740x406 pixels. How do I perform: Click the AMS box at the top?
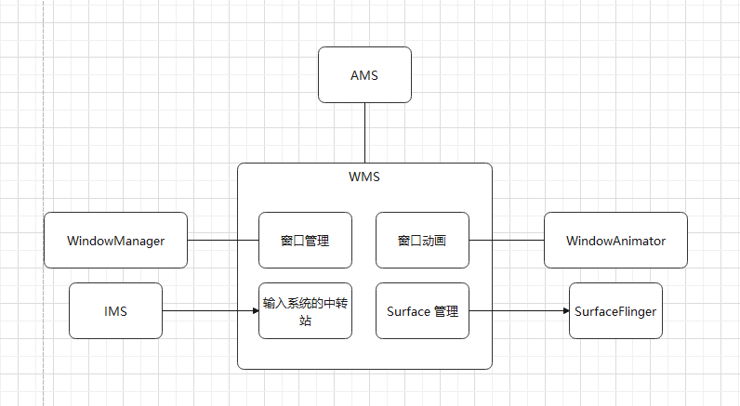[x=364, y=75]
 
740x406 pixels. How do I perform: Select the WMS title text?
[x=364, y=176]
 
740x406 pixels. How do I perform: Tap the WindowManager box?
[x=115, y=241]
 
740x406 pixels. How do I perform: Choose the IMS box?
[x=115, y=311]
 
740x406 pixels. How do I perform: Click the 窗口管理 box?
[x=305, y=241]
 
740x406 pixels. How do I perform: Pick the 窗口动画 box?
[x=422, y=241]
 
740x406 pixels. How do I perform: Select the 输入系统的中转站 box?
[x=305, y=311]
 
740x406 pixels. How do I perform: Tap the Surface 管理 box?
[x=422, y=311]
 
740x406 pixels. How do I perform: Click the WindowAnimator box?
[x=615, y=241]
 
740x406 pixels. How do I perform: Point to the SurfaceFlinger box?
[x=615, y=311]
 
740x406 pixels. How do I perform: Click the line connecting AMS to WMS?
[x=365, y=133]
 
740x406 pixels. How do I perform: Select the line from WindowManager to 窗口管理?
[x=223, y=241]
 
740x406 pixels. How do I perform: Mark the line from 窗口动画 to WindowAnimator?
[x=507, y=241]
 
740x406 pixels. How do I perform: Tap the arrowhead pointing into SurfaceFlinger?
[x=563, y=311]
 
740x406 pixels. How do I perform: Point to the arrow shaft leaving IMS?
[x=205, y=311]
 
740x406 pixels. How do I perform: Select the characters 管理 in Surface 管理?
[x=446, y=311]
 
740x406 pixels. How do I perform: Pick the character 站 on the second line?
[x=305, y=321]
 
